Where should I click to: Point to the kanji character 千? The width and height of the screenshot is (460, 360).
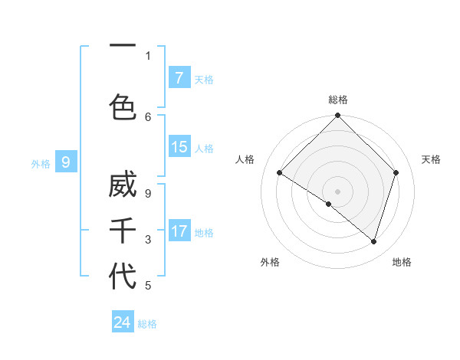[123, 230]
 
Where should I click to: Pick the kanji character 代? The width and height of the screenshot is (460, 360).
[123, 275]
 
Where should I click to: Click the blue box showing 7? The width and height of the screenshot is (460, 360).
[179, 78]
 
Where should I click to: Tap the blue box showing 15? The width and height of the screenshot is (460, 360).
[179, 147]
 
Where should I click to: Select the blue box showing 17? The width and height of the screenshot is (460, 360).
[179, 231]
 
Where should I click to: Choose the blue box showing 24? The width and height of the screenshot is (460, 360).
[123, 322]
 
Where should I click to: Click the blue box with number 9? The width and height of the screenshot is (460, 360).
[67, 162]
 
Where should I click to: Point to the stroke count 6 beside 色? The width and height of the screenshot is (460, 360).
[148, 116]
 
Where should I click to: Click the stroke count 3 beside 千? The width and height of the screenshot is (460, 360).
[148, 240]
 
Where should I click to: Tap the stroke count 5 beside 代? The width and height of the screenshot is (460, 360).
[148, 286]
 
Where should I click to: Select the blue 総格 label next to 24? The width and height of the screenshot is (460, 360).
[147, 324]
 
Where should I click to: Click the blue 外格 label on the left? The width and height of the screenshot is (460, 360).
[40, 163]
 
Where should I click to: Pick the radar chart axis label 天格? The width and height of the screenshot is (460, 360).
[431, 159]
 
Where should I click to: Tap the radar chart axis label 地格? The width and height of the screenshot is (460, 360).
[402, 262]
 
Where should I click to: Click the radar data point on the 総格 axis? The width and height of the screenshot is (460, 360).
[337, 116]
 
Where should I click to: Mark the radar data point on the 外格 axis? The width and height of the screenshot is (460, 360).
[329, 204]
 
